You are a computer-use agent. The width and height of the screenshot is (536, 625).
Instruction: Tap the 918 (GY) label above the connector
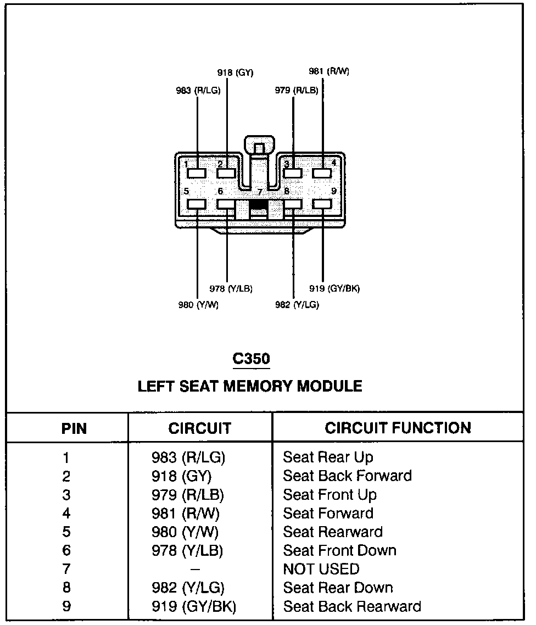pyautogui.click(x=235, y=72)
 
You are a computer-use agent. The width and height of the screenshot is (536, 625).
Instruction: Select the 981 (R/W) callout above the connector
pyautogui.click(x=328, y=71)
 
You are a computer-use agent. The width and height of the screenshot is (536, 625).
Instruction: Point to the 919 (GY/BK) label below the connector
pyautogui.click(x=334, y=288)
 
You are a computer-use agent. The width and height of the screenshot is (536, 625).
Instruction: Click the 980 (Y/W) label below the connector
pyautogui.click(x=198, y=305)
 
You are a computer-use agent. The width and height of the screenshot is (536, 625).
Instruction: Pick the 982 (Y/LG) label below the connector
pyautogui.click(x=297, y=305)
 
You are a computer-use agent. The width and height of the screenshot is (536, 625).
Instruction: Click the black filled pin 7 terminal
pyautogui.click(x=259, y=205)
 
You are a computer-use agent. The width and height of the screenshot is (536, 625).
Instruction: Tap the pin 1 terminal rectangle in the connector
pyautogui.click(x=197, y=173)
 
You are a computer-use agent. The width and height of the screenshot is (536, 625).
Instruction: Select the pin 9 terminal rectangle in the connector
pyautogui.click(x=322, y=204)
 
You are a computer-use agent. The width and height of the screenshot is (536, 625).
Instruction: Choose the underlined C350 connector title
pyautogui.click(x=251, y=359)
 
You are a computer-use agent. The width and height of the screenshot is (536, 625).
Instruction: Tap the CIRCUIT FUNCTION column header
pyautogui.click(x=398, y=428)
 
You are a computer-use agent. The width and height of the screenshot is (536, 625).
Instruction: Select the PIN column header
pyautogui.click(x=74, y=428)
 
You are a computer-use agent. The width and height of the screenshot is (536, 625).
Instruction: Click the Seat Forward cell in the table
pyautogui.click(x=328, y=514)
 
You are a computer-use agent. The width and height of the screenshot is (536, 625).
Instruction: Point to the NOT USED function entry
pyautogui.click(x=321, y=569)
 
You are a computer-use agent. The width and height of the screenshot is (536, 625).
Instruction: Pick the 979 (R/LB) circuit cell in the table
pyautogui.click(x=187, y=495)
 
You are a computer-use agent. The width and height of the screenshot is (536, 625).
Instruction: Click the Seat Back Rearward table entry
pyautogui.click(x=351, y=606)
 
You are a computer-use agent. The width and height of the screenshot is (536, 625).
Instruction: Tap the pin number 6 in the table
pyautogui.click(x=66, y=550)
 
